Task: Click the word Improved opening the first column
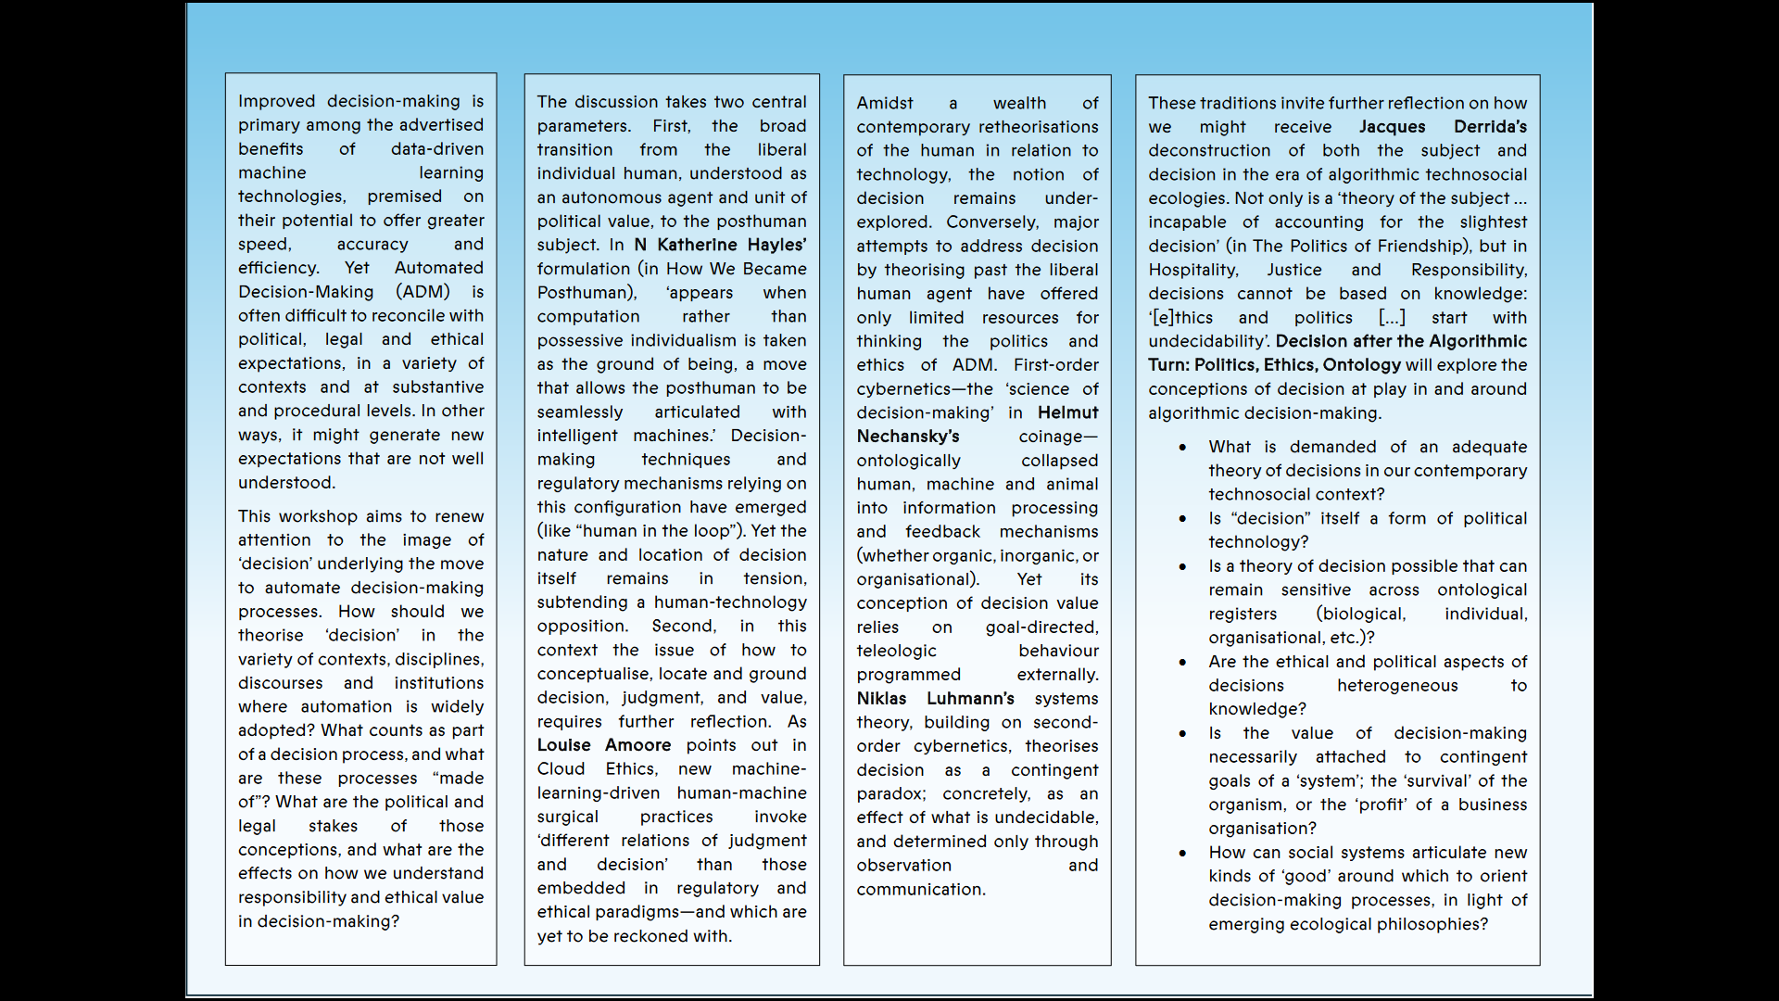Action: [x=276, y=101]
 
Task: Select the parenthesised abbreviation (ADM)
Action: [x=423, y=292]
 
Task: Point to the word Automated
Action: [x=438, y=268]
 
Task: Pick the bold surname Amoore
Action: [x=637, y=745]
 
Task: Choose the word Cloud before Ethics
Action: [x=561, y=769]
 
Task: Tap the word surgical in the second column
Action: [x=567, y=817]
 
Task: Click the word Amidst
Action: [x=884, y=103]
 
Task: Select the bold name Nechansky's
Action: [x=907, y=437]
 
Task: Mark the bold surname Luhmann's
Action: [x=970, y=699]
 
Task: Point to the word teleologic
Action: [x=896, y=651]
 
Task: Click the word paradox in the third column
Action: [x=889, y=794]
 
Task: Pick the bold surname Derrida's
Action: [x=1490, y=127]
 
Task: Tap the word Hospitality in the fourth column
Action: [x=1192, y=270]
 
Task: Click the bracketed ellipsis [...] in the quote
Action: [x=1392, y=318]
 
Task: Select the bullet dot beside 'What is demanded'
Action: [x=1182, y=448]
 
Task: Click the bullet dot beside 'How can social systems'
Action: [x=1182, y=854]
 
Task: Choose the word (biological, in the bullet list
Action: [x=1360, y=614]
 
